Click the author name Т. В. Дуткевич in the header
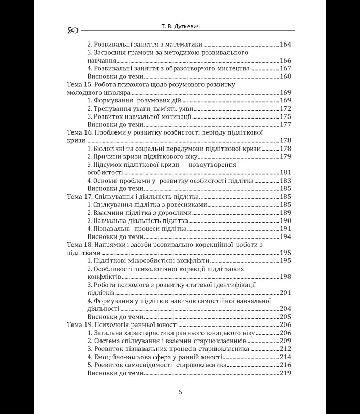tap(180, 26)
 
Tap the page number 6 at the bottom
tap(180, 392)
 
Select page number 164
tap(286, 45)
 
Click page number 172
tap(286, 109)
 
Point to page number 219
tap(286, 373)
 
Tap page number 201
tap(286, 293)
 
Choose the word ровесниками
tap(186, 205)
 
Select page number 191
tap(286, 229)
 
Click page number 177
tap(286, 125)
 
